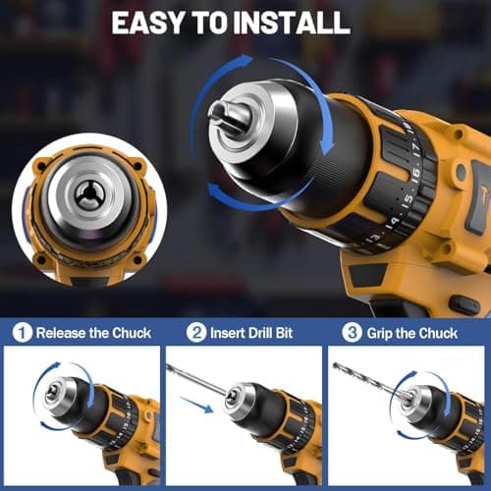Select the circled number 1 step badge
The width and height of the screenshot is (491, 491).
click(x=22, y=333)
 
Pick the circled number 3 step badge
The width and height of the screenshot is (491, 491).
click(x=349, y=333)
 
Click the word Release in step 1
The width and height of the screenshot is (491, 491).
click(x=63, y=333)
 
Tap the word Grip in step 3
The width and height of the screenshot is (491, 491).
click(x=379, y=333)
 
